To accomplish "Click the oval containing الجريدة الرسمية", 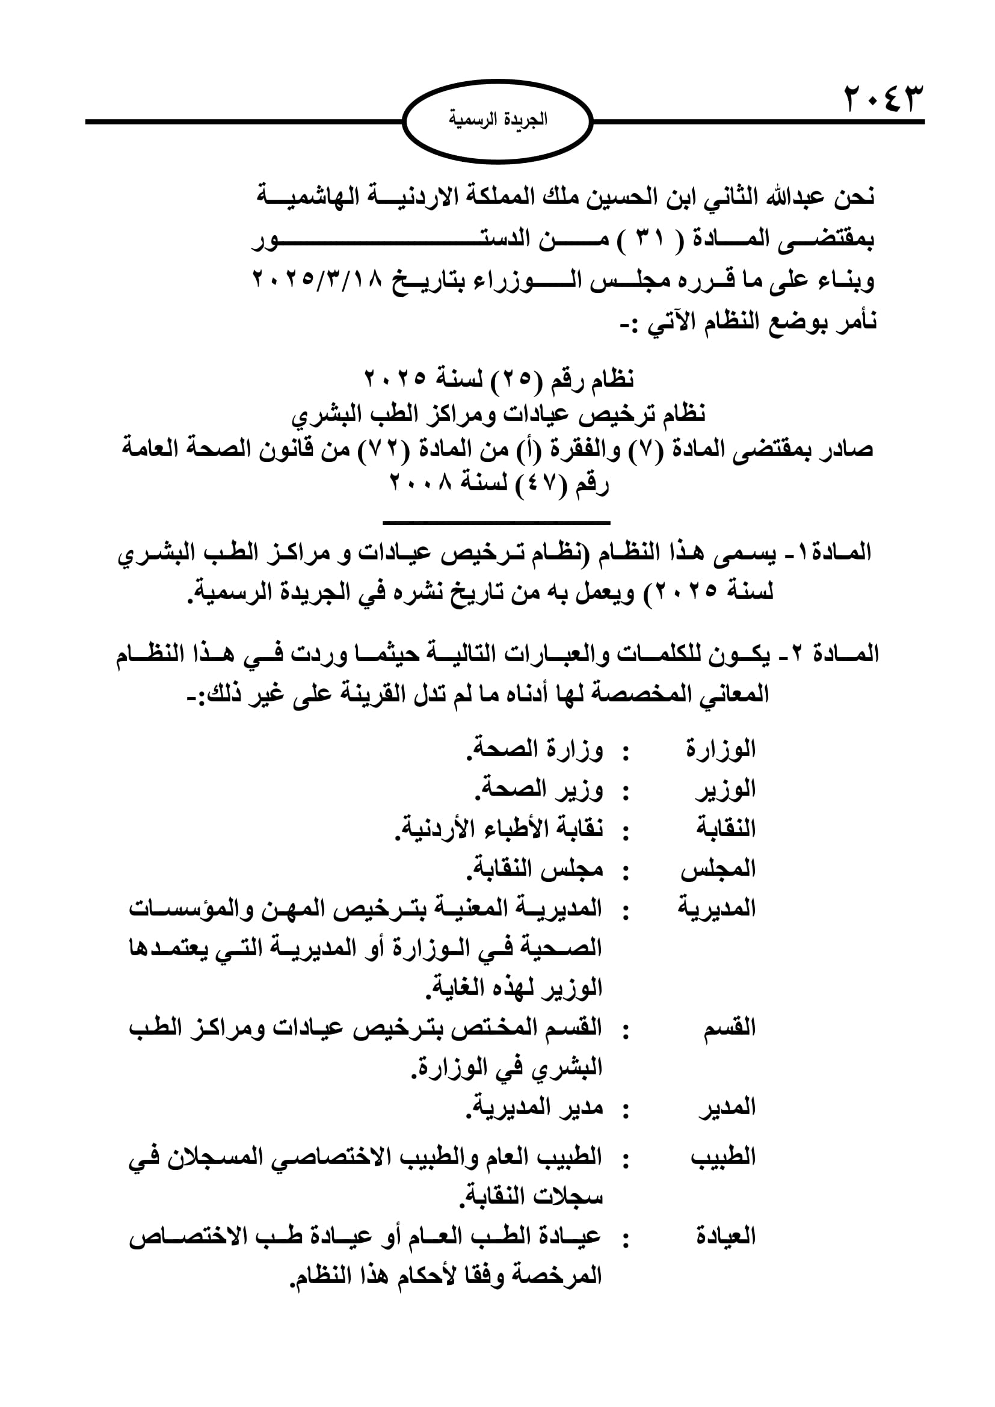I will [x=498, y=121].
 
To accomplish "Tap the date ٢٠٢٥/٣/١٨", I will [x=318, y=280].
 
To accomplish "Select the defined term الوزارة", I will [x=721, y=749].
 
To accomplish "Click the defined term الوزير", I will [x=726, y=789].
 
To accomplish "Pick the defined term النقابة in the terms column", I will [x=725, y=828].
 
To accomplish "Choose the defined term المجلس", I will [x=718, y=869].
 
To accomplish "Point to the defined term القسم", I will [x=729, y=1028].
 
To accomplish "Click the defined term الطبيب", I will [x=724, y=1157].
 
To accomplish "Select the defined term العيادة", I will [x=725, y=1237].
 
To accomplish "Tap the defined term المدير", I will [x=727, y=1108].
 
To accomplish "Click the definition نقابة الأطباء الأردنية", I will [x=499, y=829].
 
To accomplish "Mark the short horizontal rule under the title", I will [x=496, y=523].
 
